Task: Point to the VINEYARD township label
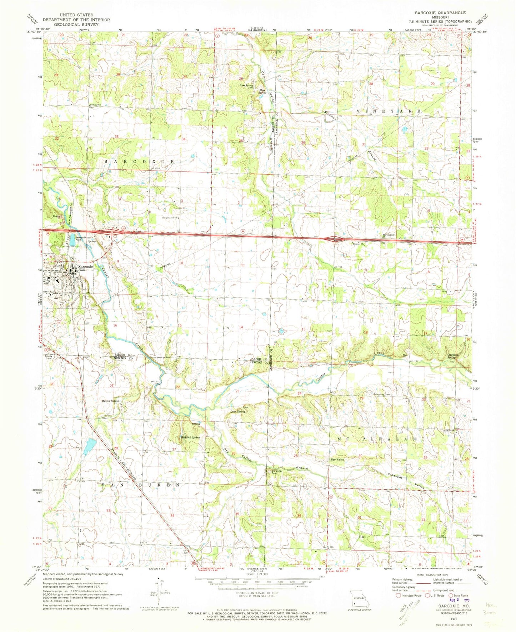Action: coord(390,111)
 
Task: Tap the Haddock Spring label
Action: coord(190,437)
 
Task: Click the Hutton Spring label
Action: coord(110,401)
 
